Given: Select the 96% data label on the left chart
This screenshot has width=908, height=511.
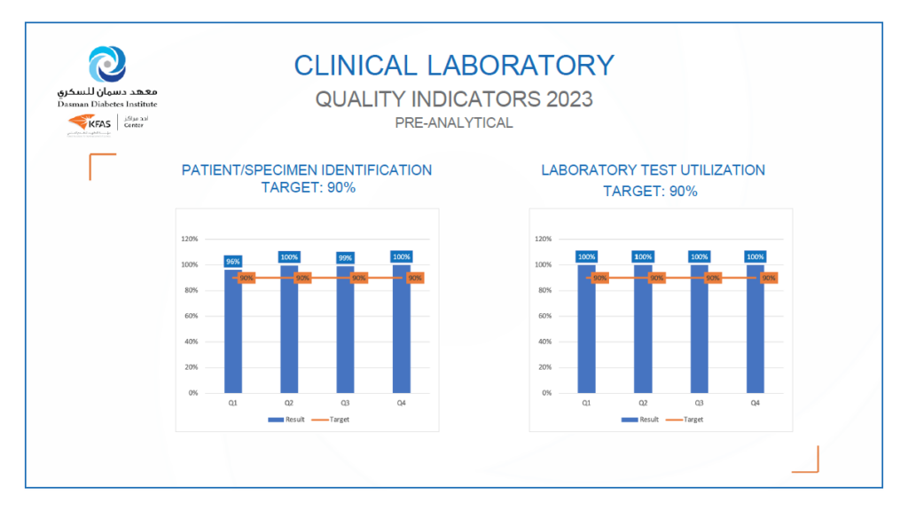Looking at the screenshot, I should point(233,262).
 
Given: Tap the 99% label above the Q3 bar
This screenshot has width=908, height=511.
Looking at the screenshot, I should point(346,257).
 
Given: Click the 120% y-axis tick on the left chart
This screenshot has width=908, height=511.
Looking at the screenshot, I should point(189,239).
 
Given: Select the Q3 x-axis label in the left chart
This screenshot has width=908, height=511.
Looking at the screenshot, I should point(346,402).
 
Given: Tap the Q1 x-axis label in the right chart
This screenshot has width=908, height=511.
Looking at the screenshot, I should point(586,402).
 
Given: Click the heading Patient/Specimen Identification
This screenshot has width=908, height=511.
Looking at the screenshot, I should point(307,170).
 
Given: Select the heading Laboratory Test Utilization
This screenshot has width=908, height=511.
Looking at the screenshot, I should point(653,170).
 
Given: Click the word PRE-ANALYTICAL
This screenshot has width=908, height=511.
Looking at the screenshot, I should point(454,123).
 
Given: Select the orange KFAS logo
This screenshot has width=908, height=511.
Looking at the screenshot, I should point(88,125).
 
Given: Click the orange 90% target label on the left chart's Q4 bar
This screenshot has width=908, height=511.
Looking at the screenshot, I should point(415,278).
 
